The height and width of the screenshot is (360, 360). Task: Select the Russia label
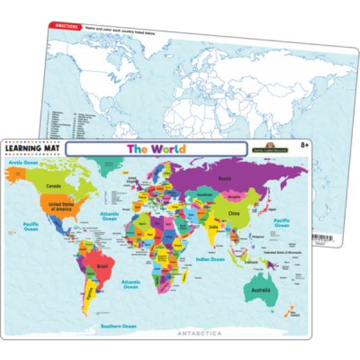click(x=226, y=178)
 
